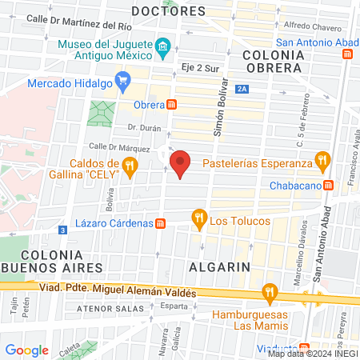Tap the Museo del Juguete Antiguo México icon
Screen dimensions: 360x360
(x=162, y=46)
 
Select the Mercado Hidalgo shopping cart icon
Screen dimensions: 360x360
(x=122, y=79)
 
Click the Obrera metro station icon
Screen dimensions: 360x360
(x=171, y=105)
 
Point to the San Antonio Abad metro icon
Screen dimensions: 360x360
(x=347, y=54)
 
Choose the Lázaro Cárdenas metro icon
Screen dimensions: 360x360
(x=161, y=223)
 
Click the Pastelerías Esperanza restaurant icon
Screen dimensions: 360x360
(x=323, y=160)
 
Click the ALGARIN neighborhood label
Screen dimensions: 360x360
(x=219, y=266)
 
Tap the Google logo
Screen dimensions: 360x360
(x=26, y=350)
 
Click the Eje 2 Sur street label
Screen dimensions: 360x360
(x=199, y=69)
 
